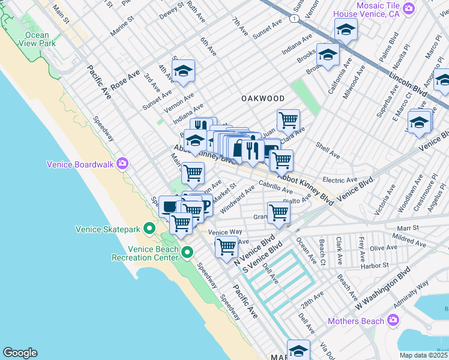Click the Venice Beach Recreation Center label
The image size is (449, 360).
click(145, 253)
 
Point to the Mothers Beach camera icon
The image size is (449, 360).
click(393, 321)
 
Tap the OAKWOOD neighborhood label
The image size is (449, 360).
click(262, 98)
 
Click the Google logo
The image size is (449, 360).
click(20, 353)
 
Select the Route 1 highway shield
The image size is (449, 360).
click(294, 19)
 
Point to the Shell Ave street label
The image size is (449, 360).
click(327, 151)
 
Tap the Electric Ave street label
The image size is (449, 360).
click(340, 180)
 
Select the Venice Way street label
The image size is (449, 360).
click(224, 232)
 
